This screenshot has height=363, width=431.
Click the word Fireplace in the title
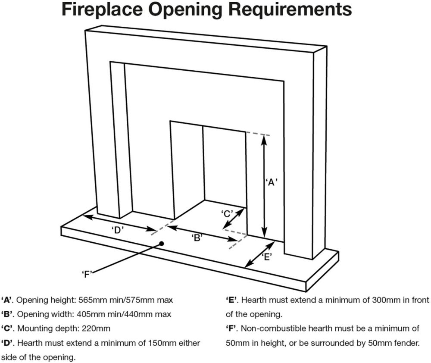click(x=102, y=10)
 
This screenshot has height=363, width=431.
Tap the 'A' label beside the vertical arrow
click(x=272, y=182)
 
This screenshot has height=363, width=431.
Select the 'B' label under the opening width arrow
click(x=198, y=238)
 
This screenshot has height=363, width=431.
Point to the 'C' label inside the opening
click(x=227, y=214)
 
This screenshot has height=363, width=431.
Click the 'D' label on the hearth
click(x=118, y=230)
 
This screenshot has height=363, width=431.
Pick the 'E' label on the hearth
click(x=267, y=257)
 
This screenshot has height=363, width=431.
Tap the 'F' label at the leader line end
click(x=87, y=274)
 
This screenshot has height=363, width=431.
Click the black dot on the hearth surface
click(x=162, y=244)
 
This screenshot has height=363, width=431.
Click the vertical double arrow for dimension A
click(x=264, y=186)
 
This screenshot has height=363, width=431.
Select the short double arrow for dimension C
click(x=233, y=219)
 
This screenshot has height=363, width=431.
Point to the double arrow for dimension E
click(x=260, y=254)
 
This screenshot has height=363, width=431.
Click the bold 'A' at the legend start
click(x=7, y=300)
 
